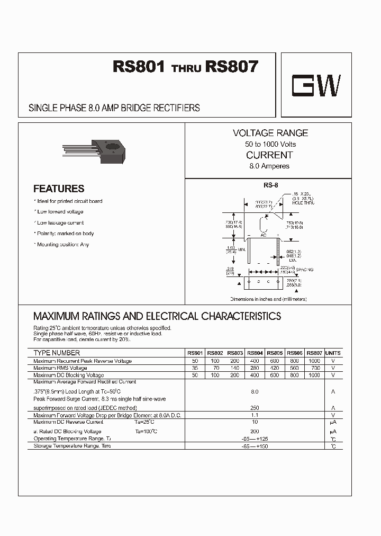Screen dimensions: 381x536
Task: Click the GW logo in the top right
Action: (x=317, y=85)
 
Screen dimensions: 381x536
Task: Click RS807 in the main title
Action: (x=232, y=67)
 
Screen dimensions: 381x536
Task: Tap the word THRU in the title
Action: (x=186, y=69)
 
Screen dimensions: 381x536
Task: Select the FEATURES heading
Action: (x=59, y=189)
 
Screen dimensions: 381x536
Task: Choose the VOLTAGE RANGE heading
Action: (x=270, y=133)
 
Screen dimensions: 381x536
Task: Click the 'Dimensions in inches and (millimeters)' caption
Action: (x=268, y=299)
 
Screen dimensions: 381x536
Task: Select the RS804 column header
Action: (x=255, y=353)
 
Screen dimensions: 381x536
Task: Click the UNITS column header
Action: (x=333, y=353)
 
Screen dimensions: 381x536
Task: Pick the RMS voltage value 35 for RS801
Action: (x=194, y=368)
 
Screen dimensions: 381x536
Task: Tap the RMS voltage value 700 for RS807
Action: (x=315, y=368)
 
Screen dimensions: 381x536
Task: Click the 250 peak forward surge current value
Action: (x=255, y=408)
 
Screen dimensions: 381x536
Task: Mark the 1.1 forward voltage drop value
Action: (x=255, y=415)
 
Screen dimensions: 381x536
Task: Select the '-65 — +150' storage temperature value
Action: (x=255, y=446)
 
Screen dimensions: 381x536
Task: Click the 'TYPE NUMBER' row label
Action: (x=57, y=353)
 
